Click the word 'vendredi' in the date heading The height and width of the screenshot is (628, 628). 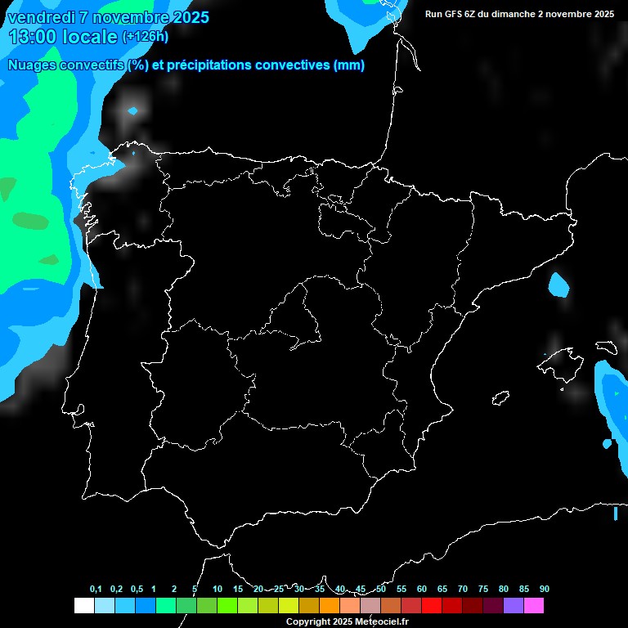(41, 17)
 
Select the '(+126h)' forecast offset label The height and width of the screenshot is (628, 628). (145, 36)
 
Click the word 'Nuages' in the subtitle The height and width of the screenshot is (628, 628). (33, 65)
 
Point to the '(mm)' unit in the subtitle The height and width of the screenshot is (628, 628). (349, 65)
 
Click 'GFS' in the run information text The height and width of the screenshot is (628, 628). (460, 14)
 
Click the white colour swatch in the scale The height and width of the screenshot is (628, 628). (83, 606)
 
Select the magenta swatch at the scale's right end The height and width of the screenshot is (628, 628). (533, 606)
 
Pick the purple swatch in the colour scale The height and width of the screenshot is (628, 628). (513, 606)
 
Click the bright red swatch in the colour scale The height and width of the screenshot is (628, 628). (431, 606)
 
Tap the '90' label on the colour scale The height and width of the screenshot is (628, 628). (544, 589)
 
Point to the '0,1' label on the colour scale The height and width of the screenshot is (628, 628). (96, 589)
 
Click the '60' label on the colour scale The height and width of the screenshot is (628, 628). (421, 589)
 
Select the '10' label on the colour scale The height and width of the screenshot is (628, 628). (217, 589)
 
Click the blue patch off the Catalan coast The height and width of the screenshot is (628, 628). (558, 285)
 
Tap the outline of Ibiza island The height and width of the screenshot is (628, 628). (501, 398)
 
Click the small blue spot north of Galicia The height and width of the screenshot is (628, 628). (133, 110)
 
